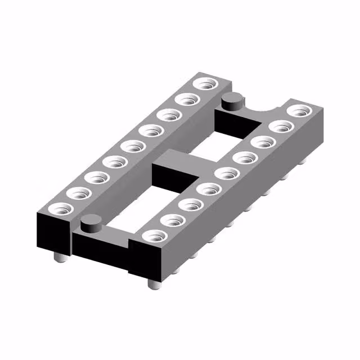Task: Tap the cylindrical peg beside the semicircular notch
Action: pos(232,102)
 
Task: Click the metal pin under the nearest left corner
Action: pos(58,257)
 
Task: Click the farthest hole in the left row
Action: pos(204,85)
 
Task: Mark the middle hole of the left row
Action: pos(133,147)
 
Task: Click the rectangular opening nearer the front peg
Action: pos(135,208)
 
